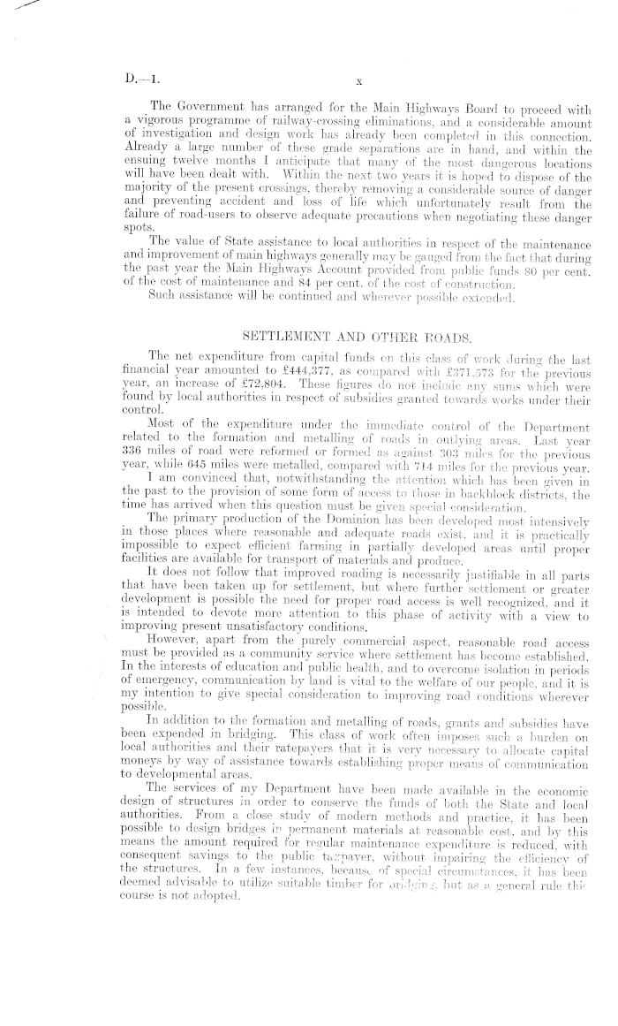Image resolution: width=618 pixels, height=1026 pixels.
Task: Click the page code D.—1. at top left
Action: tap(143, 79)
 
